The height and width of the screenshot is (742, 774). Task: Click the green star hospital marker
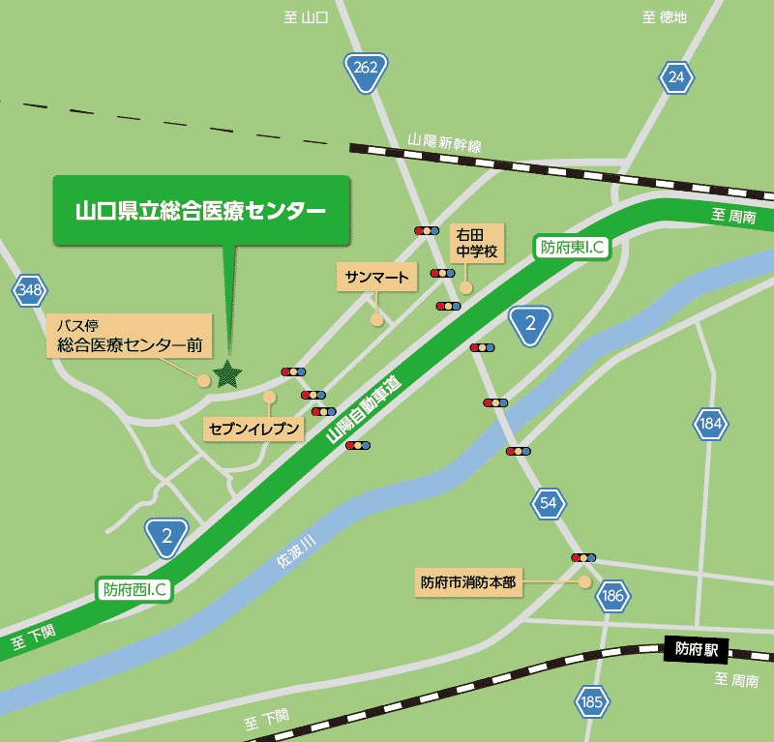[x=227, y=373]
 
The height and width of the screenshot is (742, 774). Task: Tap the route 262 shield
[x=366, y=71]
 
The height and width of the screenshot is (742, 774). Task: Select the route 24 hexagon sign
[x=676, y=76]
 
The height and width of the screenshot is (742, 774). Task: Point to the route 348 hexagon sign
[x=30, y=289]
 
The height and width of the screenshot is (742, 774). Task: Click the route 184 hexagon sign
[x=710, y=423]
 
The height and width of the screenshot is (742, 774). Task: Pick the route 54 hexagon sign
[x=549, y=503]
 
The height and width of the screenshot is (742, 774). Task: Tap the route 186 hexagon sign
[x=612, y=596]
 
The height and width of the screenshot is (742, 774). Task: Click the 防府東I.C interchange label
[x=572, y=247]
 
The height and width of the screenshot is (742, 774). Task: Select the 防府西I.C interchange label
[x=135, y=588]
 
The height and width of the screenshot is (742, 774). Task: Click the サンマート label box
[x=377, y=278]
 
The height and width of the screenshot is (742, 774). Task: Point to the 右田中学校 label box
[x=478, y=243]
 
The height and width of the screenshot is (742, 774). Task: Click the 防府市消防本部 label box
[x=469, y=582]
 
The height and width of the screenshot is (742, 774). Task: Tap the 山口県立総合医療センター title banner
[x=200, y=210]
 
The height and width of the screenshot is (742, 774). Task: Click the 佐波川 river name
[x=295, y=553]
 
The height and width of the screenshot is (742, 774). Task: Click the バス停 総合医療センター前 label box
[x=129, y=335]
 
